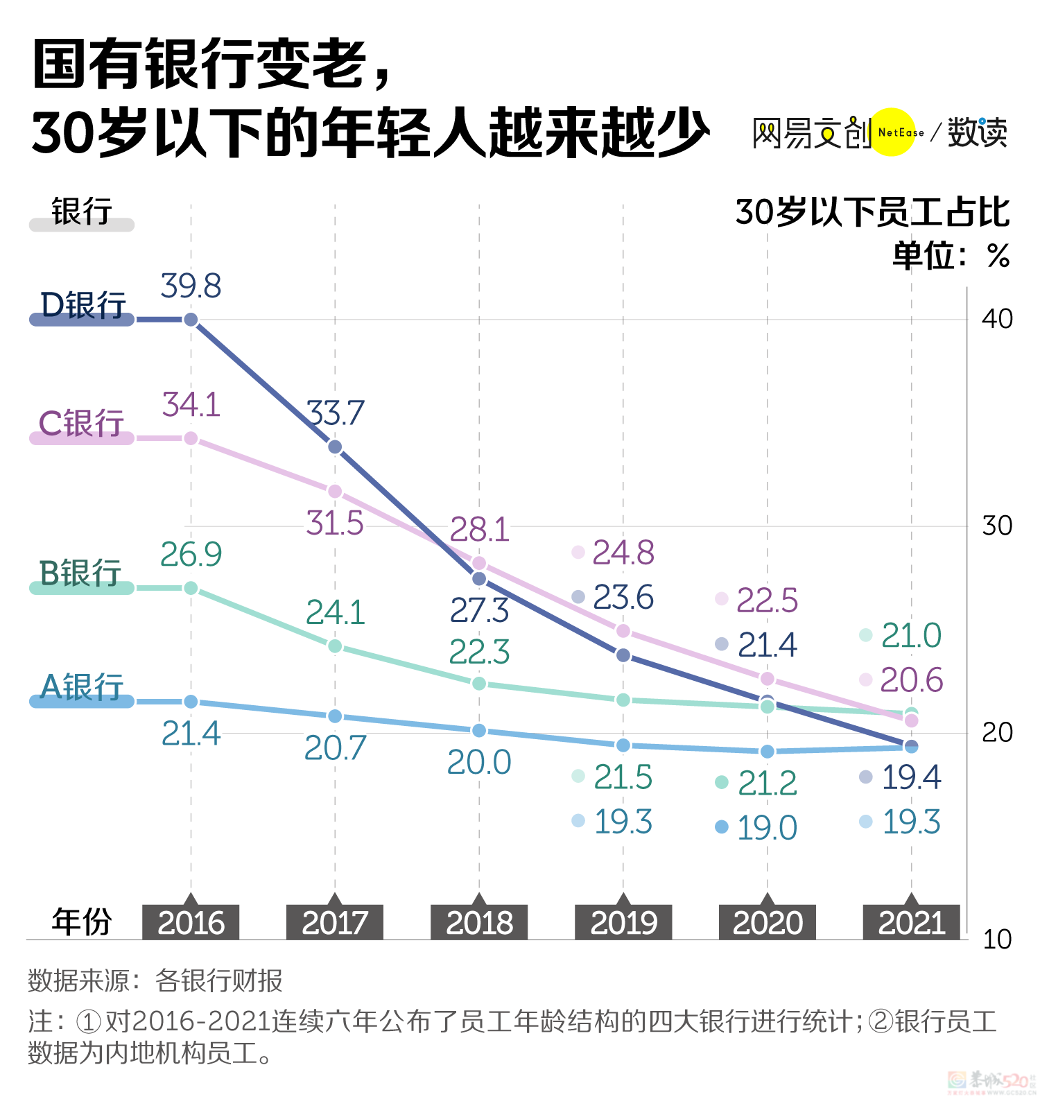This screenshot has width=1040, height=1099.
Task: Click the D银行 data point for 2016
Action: click(x=191, y=320)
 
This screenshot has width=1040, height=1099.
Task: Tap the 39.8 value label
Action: click(x=191, y=286)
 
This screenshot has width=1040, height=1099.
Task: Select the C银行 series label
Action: click(x=81, y=423)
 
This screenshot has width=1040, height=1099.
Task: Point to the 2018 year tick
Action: click(x=479, y=922)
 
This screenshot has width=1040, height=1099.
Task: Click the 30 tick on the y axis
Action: click(x=997, y=526)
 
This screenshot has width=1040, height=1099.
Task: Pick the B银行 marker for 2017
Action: click(x=335, y=646)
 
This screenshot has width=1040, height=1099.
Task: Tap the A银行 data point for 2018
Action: click(x=479, y=731)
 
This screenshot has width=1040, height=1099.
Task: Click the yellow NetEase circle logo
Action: click(x=893, y=132)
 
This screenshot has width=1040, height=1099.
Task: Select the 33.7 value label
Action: click(x=336, y=413)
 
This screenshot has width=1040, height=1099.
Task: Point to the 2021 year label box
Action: click(x=911, y=922)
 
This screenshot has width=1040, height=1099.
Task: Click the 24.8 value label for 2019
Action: click(x=623, y=553)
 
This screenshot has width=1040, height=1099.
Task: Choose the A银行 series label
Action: click(x=82, y=687)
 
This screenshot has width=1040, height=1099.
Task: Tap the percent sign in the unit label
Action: click(x=998, y=257)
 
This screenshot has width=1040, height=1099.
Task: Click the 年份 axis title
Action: click(x=82, y=922)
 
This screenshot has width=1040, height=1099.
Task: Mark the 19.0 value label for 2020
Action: click(x=767, y=827)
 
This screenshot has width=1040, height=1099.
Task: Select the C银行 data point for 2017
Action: click(x=335, y=491)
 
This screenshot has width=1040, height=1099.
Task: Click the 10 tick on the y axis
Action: click(x=997, y=940)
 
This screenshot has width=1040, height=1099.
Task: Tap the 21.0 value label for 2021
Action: click(x=910, y=635)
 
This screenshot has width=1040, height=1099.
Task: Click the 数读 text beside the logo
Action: click(x=978, y=132)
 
